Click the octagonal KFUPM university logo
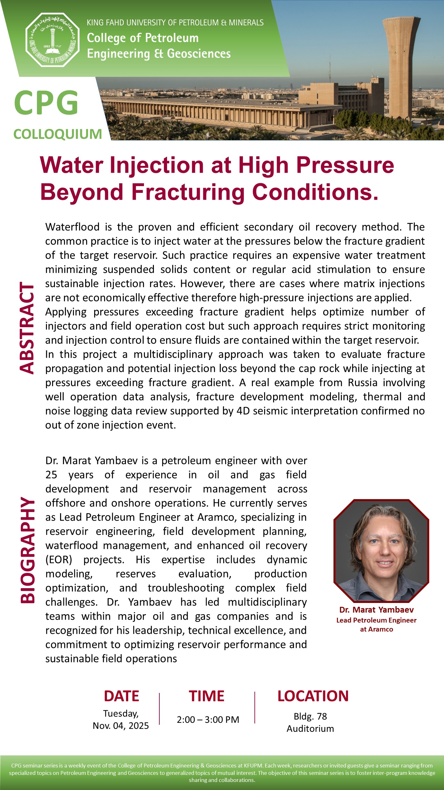[52, 40]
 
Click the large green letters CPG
[46, 103]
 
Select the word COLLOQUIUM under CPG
[58, 134]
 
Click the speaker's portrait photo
[381, 551]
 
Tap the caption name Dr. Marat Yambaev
[376, 610]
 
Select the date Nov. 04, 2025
[121, 726]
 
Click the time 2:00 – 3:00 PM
[208, 720]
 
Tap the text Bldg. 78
[310, 716]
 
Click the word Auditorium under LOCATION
[310, 729]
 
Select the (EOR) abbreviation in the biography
[59, 560]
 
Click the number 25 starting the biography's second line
[51, 475]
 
